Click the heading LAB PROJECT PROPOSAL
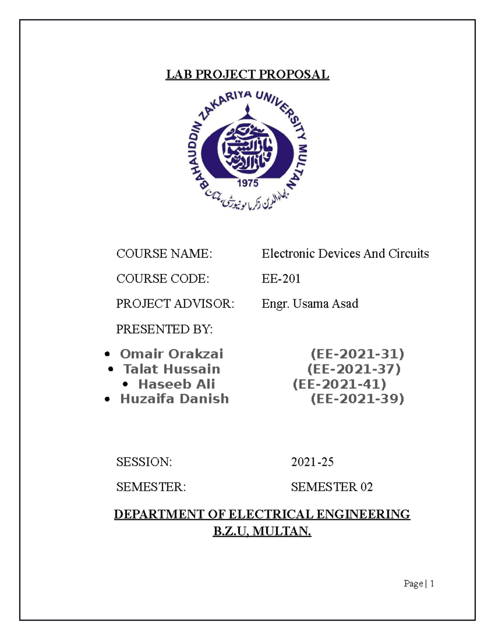coord(247,75)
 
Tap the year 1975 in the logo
coord(247,183)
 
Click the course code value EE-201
coord(281,279)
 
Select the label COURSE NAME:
coord(164,254)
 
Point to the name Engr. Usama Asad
coord(310,304)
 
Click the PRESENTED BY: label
coord(164,329)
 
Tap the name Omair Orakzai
coord(171,354)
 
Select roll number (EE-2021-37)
coord(354,369)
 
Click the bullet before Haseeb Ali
coord(126,384)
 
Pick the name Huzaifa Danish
coord(174,399)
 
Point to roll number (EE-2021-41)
coord(339,384)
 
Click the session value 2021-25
coord(312,462)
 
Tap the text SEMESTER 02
coord(332,487)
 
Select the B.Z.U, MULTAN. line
coord(262,531)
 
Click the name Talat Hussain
coord(172,369)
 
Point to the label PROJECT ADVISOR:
coord(175,304)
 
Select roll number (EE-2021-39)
coord(357,399)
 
